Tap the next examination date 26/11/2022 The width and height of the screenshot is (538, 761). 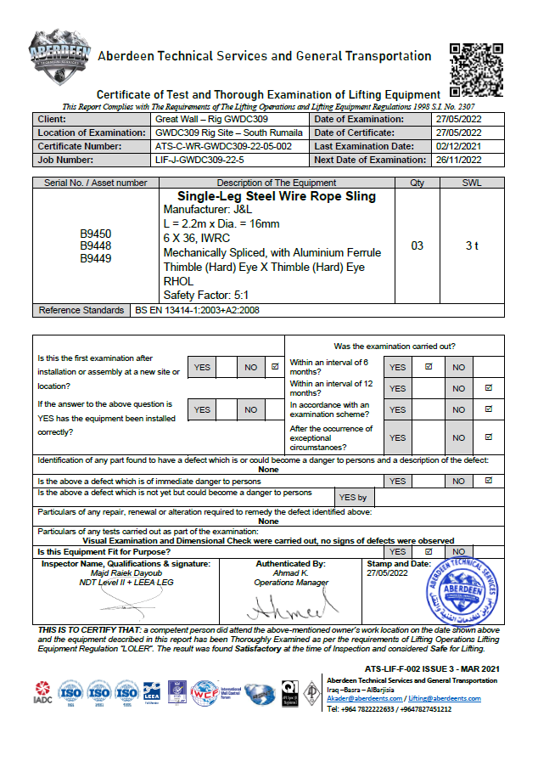click(x=458, y=160)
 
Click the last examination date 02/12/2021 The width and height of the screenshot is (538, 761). click(x=458, y=146)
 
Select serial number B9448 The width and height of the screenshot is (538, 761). click(x=96, y=246)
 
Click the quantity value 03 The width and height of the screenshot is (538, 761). click(x=417, y=246)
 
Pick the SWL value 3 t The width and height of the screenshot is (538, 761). click(x=473, y=246)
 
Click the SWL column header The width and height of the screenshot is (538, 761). click(x=473, y=183)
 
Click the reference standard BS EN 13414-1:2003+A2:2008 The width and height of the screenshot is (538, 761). click(x=198, y=311)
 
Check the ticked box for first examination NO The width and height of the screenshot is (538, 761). click(x=274, y=368)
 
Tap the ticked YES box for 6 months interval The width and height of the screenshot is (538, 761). click(x=429, y=367)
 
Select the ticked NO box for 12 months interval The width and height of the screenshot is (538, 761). click(x=488, y=388)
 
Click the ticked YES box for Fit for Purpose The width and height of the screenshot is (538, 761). click(x=429, y=551)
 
